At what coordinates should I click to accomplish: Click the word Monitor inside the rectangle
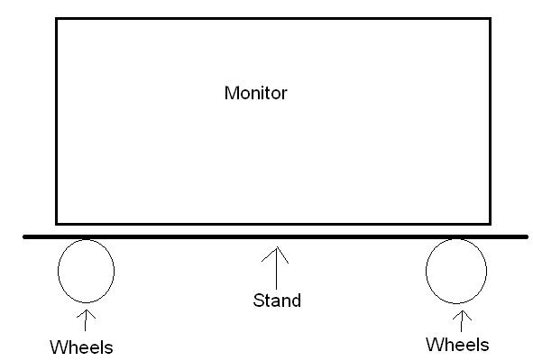click(255, 93)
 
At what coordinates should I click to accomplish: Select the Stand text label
click(276, 300)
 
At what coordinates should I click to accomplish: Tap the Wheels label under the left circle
click(82, 347)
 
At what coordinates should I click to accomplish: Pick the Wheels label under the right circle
click(457, 344)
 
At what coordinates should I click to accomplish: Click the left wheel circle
click(86, 269)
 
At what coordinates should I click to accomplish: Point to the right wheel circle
click(455, 270)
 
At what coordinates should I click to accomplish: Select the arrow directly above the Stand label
click(276, 266)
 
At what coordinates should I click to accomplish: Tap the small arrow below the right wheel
click(463, 319)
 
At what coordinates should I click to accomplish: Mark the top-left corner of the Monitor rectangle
click(57, 19)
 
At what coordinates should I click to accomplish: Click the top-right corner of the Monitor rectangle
click(492, 19)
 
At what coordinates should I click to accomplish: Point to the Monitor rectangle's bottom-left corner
click(57, 223)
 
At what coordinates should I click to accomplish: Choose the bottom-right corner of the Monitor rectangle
click(492, 223)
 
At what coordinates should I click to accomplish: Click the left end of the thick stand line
click(24, 236)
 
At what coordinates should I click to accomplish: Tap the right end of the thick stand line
click(527, 236)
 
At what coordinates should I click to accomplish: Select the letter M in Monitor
click(230, 93)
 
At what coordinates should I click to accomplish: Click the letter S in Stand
click(257, 300)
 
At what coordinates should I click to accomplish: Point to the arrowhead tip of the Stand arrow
click(276, 248)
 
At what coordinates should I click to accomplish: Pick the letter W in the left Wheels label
click(57, 347)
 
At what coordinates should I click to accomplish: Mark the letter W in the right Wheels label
click(432, 344)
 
